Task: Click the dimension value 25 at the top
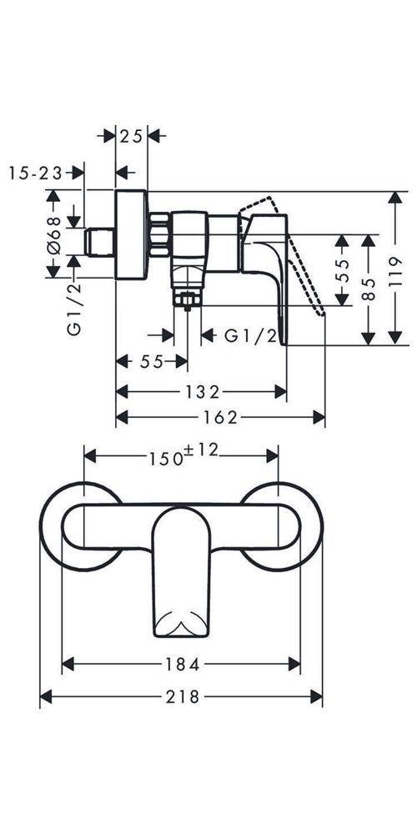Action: [131, 137]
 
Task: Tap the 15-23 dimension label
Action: [36, 173]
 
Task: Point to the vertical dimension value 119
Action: [395, 273]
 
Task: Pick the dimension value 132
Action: [202, 392]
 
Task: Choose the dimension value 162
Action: [221, 418]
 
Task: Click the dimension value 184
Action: [183, 664]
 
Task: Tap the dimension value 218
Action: [183, 696]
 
